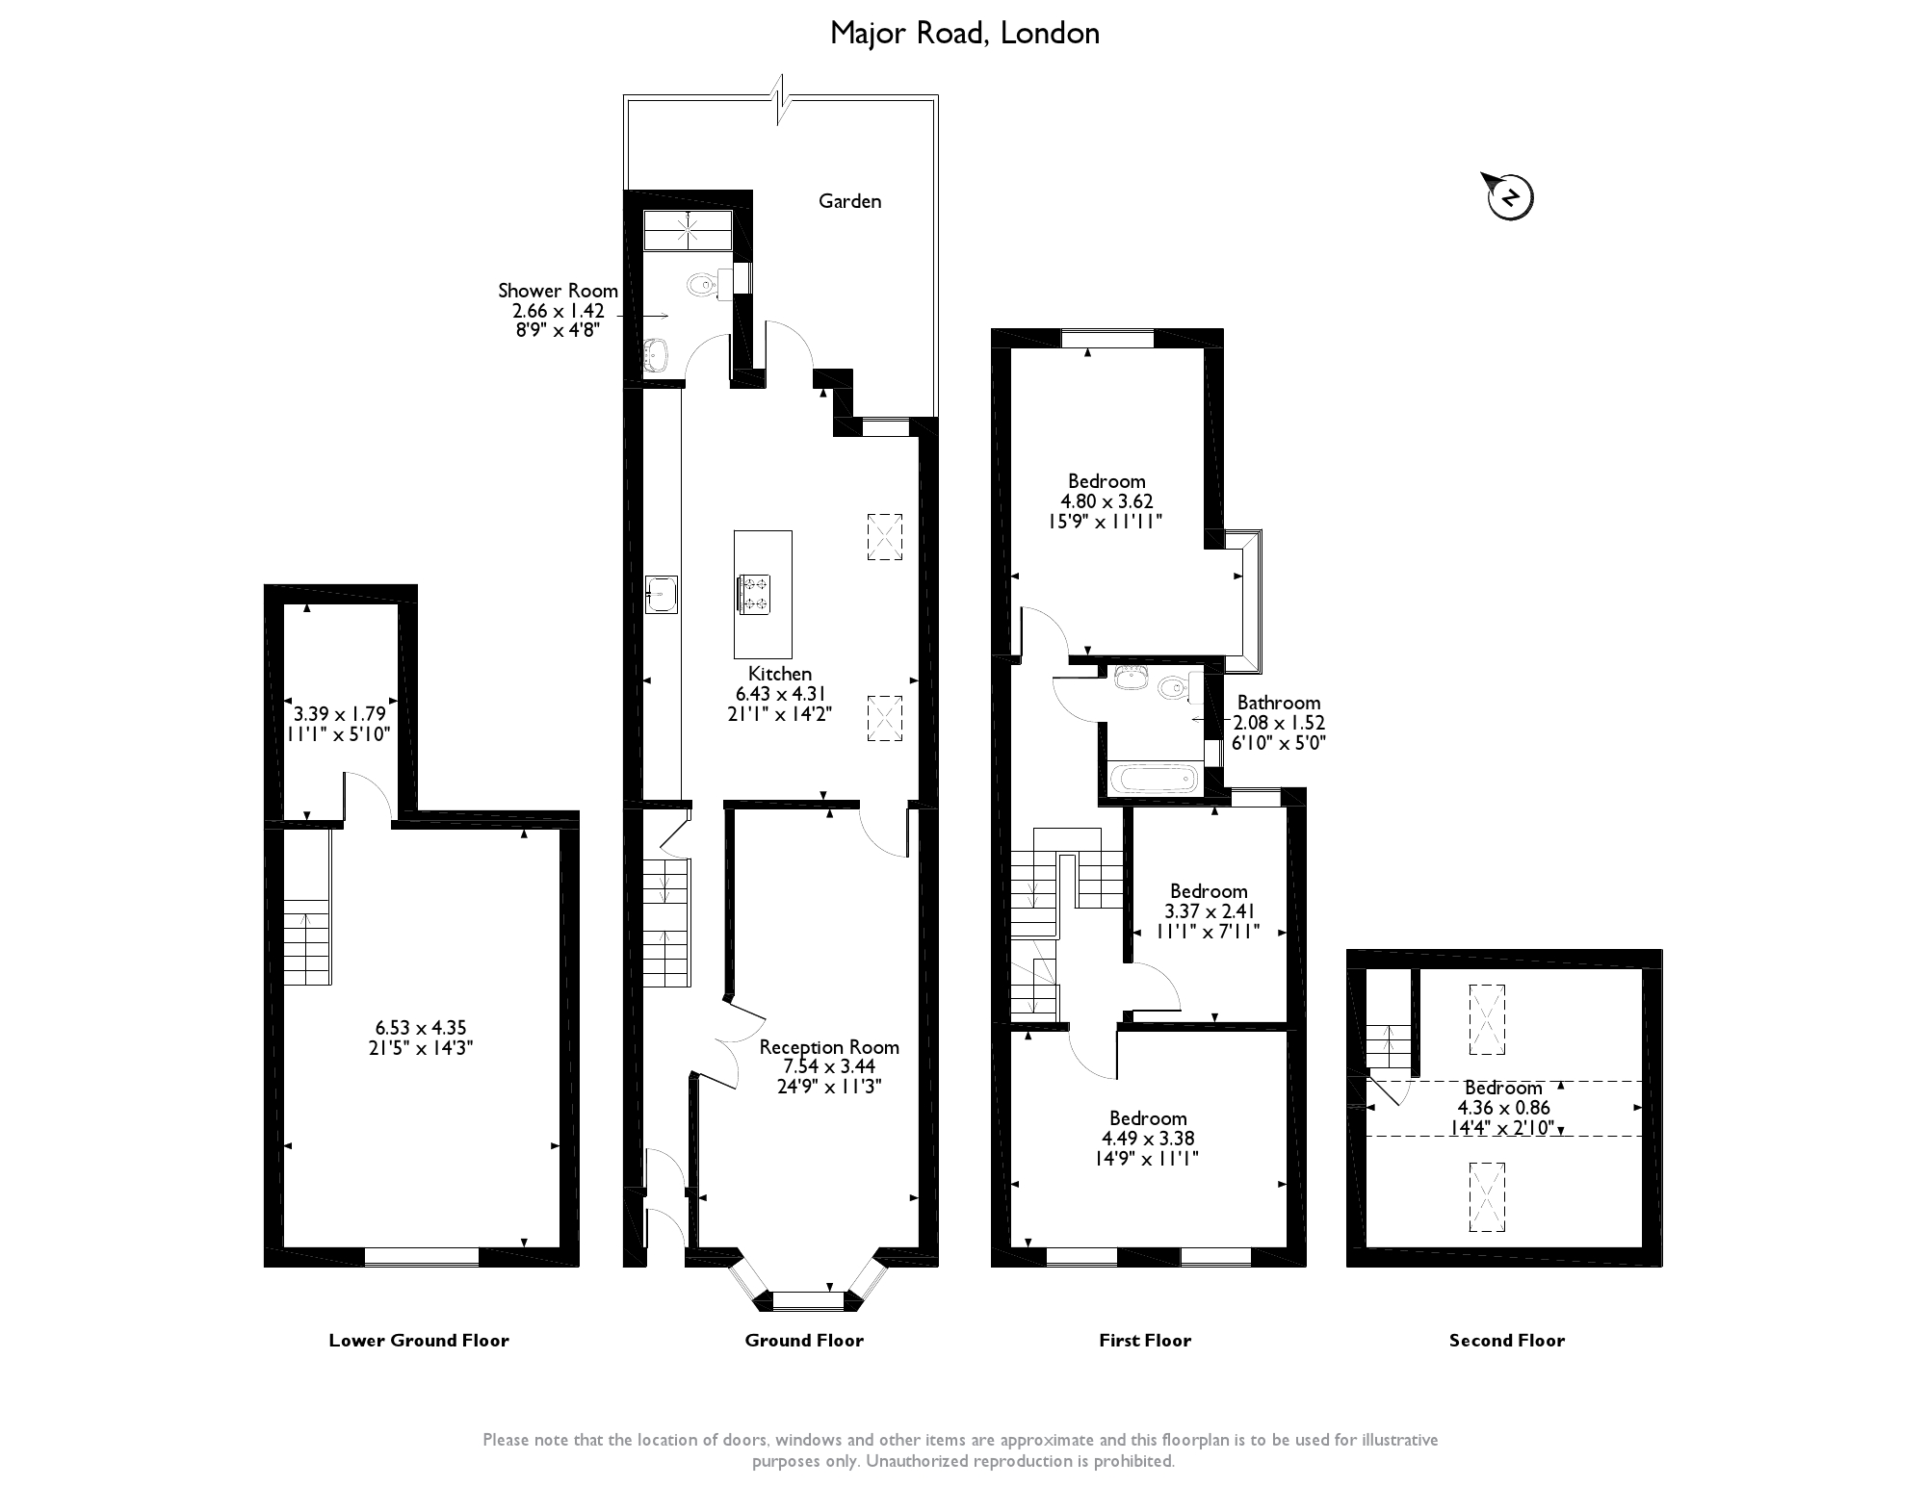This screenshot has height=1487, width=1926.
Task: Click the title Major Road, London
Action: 964,34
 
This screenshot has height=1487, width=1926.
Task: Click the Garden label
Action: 849,201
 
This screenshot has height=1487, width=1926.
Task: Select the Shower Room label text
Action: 558,291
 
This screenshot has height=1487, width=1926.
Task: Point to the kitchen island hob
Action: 753,594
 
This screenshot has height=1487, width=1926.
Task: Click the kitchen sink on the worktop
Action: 662,594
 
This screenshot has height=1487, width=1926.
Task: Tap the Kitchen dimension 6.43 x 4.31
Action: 780,694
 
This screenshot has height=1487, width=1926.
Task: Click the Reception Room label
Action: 829,1047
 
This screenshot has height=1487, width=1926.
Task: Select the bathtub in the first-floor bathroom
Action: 1153,778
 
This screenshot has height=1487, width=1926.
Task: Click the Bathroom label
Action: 1278,703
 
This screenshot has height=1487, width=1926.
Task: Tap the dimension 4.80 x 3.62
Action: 1106,501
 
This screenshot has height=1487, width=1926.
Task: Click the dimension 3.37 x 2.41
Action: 1209,911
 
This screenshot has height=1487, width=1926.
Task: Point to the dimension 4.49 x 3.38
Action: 1148,1139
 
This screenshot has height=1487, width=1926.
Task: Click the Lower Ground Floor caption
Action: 419,1340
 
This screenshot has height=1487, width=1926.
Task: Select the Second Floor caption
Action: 1507,1340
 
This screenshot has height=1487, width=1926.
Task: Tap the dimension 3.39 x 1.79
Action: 339,714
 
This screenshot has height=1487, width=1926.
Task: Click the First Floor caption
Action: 1145,1340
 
